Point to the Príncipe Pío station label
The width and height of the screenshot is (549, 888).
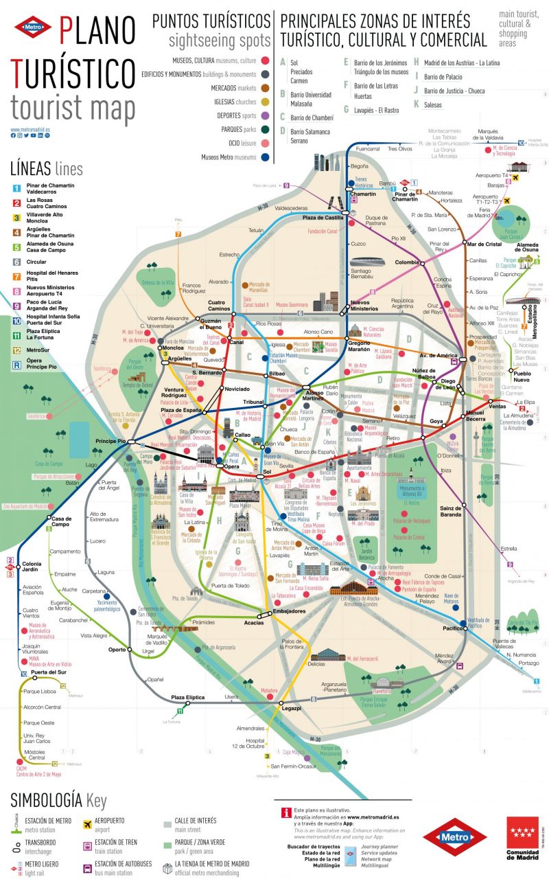coord(110,440)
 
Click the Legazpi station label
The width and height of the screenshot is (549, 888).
coord(291,707)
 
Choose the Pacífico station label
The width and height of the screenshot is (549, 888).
coord(452,628)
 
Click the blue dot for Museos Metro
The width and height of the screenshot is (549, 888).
coord(264,157)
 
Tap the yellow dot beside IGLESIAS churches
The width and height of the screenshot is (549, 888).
coord(264,102)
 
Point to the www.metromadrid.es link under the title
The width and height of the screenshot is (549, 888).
coord(30,128)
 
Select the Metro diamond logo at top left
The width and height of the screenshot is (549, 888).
coord(33,27)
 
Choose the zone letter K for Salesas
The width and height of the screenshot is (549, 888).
coord(416,104)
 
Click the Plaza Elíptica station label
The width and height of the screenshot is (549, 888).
coord(187,697)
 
